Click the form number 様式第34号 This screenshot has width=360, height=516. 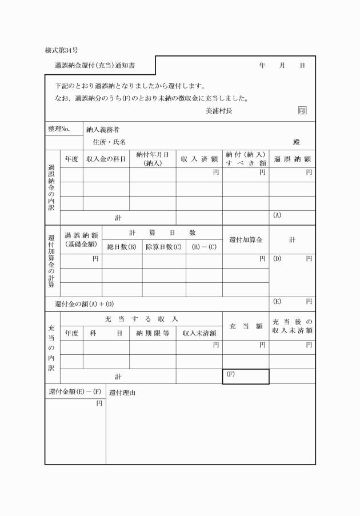61,50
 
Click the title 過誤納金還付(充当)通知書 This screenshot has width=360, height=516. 95,66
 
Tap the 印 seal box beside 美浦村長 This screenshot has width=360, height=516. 302,111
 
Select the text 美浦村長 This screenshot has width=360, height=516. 219,111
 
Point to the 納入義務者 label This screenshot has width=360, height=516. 103,130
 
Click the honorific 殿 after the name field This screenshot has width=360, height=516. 297,142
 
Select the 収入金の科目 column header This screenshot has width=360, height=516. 106,159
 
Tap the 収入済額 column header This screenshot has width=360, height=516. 199,159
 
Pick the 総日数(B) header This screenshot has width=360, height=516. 122,247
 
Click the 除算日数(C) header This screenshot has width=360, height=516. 163,247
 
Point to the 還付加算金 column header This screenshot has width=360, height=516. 245,240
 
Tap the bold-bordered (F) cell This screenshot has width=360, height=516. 245,377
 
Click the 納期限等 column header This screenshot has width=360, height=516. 153,333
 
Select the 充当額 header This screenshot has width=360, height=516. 245,326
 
